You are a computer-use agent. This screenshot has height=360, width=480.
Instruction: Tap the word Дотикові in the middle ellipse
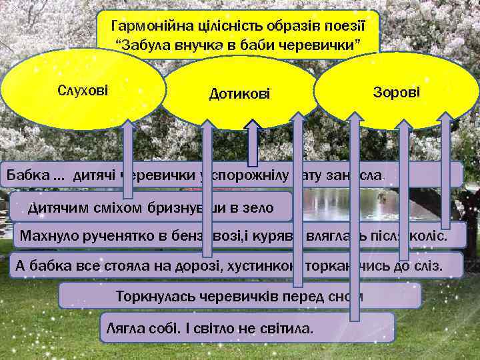(x=240, y=95)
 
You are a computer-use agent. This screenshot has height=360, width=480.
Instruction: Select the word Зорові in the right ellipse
(x=396, y=91)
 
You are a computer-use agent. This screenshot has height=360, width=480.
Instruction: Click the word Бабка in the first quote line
(x=27, y=175)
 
